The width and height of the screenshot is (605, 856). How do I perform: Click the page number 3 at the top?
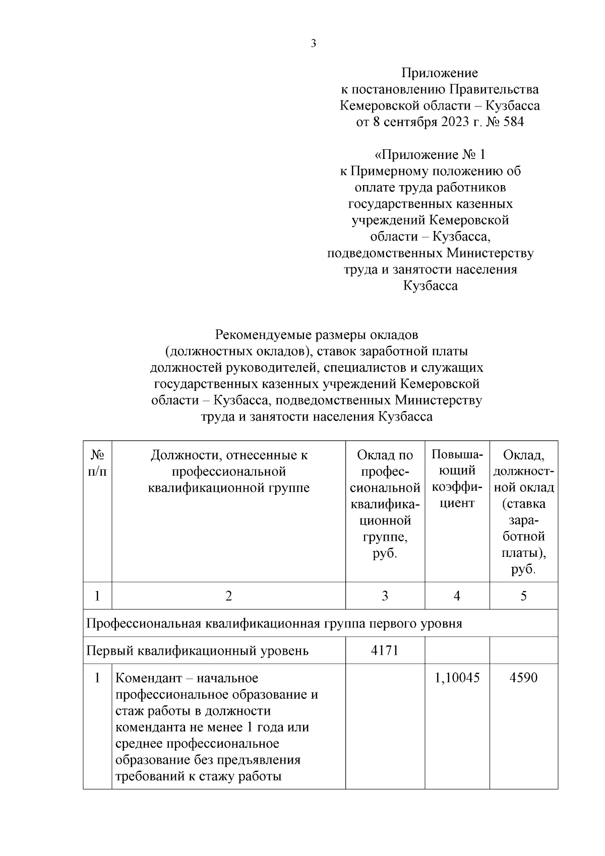[x=313, y=44]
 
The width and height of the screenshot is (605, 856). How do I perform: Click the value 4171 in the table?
[x=385, y=651]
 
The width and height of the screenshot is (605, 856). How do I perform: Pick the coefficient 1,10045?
[x=457, y=677]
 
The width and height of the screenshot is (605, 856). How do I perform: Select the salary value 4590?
[x=523, y=677]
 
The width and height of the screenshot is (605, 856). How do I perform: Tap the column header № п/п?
[x=97, y=463]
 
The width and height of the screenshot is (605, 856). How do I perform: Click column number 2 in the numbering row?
[x=228, y=596]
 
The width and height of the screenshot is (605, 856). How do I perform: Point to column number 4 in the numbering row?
[x=457, y=596]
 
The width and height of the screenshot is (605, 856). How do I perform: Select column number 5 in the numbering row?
[x=523, y=596]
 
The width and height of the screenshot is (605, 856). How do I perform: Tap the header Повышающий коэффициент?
[x=457, y=479]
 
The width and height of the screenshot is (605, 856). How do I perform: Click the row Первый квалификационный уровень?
[x=198, y=651]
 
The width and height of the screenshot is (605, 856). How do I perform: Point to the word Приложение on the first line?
[x=439, y=73]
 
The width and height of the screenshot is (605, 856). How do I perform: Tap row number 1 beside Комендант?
[x=97, y=677]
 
